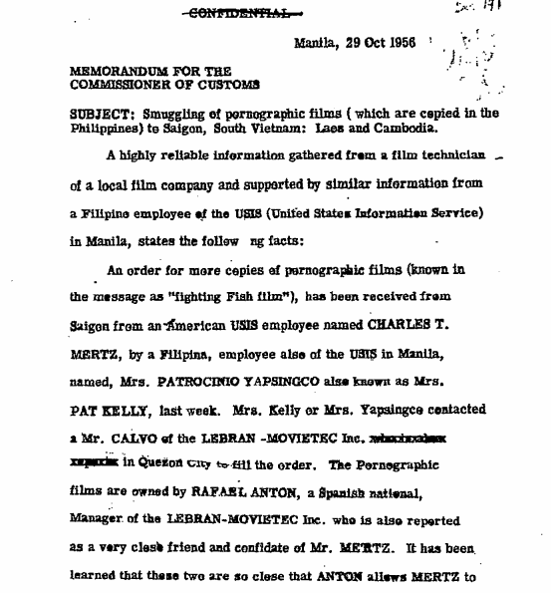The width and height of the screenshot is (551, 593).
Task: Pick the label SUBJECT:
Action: [97, 113]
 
